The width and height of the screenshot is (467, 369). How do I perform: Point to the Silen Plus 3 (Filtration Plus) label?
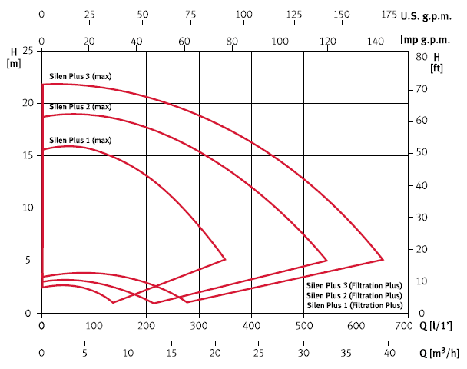click(354, 285)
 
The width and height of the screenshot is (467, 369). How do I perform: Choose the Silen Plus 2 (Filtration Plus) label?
click(354, 295)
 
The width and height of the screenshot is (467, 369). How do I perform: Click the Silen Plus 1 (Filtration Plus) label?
click(354, 305)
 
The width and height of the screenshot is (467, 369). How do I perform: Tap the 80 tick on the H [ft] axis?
click(420, 57)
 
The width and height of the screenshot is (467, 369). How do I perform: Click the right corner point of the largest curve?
click(383, 260)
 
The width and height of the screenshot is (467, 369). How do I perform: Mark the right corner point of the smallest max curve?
click(225, 260)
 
